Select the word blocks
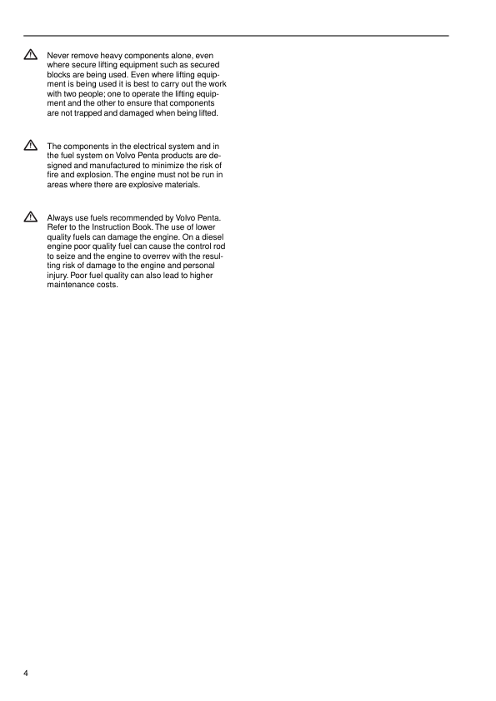tap(60, 74)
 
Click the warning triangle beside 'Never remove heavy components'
tap(31, 54)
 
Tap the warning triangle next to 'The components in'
tap(31, 146)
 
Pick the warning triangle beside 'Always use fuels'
tap(31, 218)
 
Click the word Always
tap(60, 218)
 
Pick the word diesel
tap(212, 237)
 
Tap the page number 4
tap(26, 672)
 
